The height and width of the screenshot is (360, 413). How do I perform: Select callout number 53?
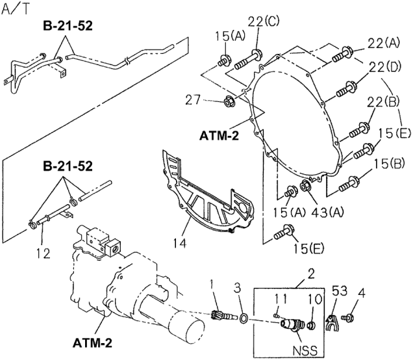340,290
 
